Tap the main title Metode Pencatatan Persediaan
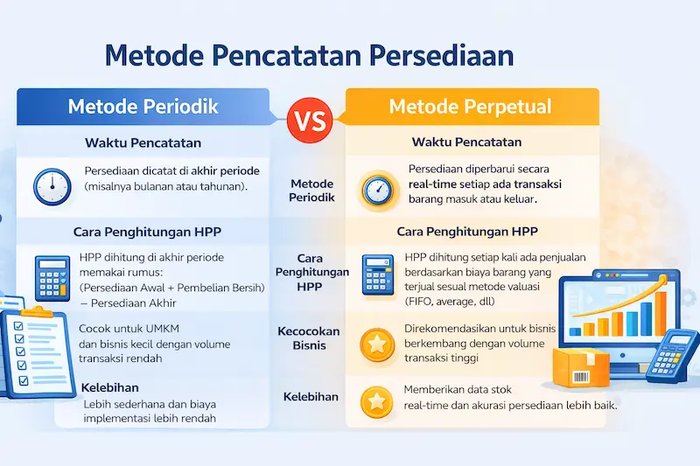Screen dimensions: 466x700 point(309,54)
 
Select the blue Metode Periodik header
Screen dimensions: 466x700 point(143,107)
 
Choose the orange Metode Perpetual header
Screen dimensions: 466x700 point(470,107)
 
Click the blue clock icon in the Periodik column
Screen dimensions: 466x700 point(52,185)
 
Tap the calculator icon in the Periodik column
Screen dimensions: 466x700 point(51,277)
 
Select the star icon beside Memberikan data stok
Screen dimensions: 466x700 point(377,402)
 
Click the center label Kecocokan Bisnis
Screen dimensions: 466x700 point(311,338)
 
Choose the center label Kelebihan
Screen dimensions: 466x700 point(311,397)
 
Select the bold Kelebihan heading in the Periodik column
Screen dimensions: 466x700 point(110,386)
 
